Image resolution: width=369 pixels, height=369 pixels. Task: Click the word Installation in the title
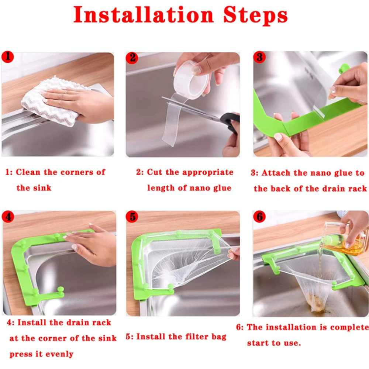(143, 15)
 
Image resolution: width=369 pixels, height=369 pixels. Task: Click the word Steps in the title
(254, 15)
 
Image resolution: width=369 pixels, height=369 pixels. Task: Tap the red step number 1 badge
(8, 57)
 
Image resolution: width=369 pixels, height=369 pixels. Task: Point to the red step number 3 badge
(260, 57)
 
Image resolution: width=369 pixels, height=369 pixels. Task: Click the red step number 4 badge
(8, 216)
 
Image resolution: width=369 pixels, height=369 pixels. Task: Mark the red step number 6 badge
(260, 217)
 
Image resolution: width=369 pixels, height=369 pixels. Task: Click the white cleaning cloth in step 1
(48, 101)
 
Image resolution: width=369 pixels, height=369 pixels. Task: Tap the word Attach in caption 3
(275, 173)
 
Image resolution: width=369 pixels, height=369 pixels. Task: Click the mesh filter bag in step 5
(184, 262)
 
